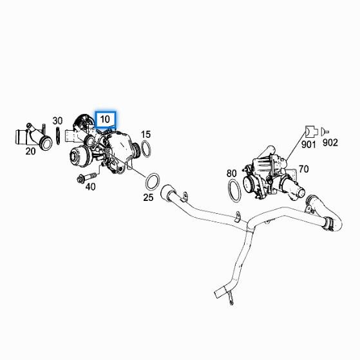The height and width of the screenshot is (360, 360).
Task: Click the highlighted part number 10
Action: click(105, 120)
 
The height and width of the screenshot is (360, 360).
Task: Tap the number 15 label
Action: click(146, 134)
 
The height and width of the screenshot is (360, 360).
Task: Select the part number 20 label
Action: click(30, 152)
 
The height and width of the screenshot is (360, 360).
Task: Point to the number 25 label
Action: click(148, 197)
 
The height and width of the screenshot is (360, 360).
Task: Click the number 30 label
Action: click(57, 120)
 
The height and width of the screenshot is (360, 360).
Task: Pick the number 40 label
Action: click(90, 187)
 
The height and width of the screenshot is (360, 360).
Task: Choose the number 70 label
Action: click(303, 169)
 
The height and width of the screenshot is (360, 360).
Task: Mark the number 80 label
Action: click(232, 173)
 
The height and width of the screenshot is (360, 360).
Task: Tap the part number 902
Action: click(330, 143)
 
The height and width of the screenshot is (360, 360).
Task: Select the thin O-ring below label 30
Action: click(59, 136)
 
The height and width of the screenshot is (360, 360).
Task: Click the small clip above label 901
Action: click(310, 131)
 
